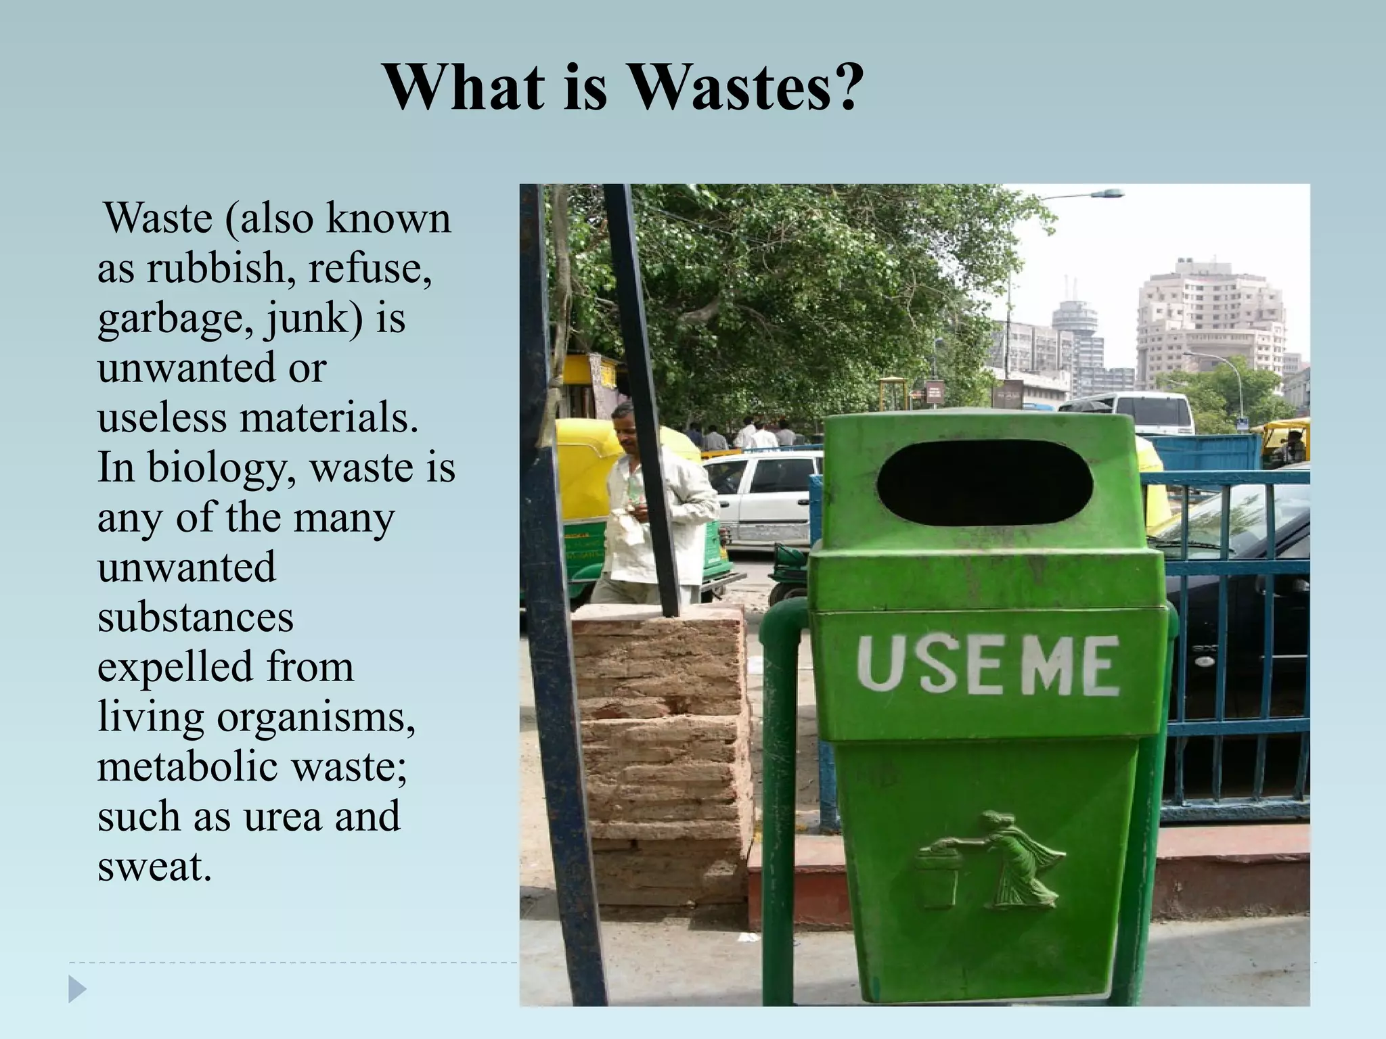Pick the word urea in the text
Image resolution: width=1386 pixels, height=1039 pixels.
click(282, 816)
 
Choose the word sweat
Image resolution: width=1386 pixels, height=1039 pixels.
click(154, 867)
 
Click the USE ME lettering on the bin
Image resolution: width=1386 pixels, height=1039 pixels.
click(987, 666)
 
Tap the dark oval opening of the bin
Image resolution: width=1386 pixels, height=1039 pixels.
click(985, 483)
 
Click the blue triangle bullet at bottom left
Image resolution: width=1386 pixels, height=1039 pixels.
click(77, 990)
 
